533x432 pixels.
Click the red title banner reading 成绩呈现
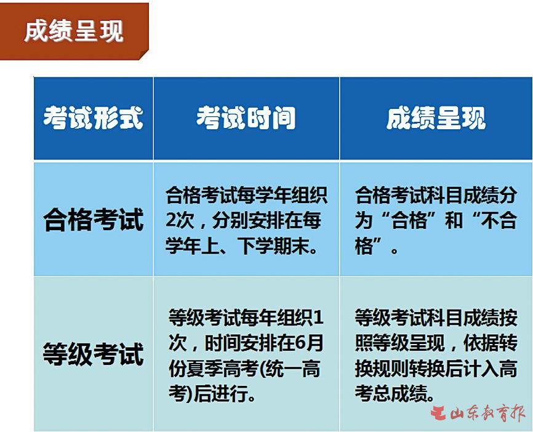(x=74, y=31)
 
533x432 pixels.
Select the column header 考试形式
(x=93, y=118)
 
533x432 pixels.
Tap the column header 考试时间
(x=246, y=118)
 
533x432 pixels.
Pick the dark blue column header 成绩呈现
(x=436, y=118)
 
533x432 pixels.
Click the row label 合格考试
(x=94, y=220)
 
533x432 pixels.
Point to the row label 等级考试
(x=94, y=354)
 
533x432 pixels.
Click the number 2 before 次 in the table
(x=170, y=220)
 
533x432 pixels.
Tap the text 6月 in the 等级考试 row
(x=309, y=343)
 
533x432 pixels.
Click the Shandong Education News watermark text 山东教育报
(x=487, y=413)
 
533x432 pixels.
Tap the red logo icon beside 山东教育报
(x=439, y=413)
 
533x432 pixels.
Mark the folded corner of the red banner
(x=144, y=55)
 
